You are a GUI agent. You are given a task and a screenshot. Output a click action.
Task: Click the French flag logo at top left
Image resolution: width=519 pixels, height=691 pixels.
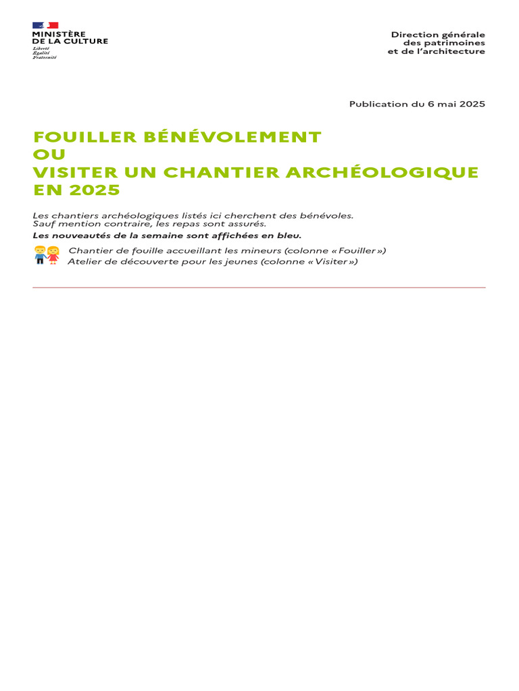click(x=45, y=26)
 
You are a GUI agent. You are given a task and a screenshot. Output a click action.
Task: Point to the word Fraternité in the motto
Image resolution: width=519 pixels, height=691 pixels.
click(x=45, y=57)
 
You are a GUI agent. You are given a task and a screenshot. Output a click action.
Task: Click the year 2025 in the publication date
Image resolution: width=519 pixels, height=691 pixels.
click(x=472, y=104)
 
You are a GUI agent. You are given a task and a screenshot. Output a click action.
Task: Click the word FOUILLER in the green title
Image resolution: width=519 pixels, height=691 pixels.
click(x=74, y=137)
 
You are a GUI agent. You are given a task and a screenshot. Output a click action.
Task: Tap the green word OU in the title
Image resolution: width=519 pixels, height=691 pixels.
click(x=49, y=155)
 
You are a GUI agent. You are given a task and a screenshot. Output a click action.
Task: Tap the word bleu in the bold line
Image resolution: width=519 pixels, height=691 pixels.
click(x=289, y=236)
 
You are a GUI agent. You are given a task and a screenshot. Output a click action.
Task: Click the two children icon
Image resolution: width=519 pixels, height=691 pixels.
click(x=46, y=255)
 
